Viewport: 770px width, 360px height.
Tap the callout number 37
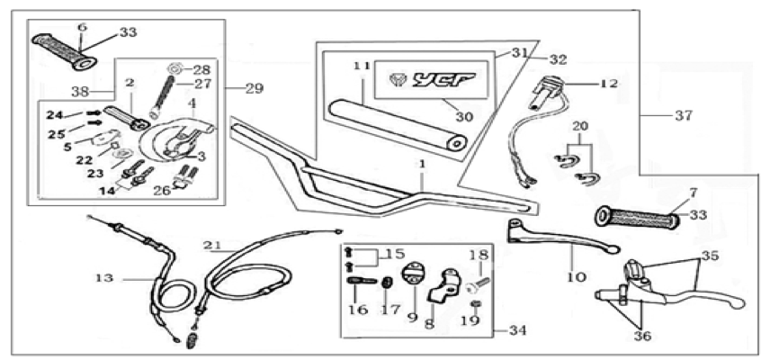click(683, 115)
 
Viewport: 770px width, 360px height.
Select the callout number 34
click(516, 331)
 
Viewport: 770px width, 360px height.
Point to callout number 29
click(254, 89)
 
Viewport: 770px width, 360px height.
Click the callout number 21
click(213, 245)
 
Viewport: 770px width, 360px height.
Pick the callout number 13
click(104, 278)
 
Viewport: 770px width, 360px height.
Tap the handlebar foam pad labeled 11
click(398, 125)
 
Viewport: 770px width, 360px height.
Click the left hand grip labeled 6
click(64, 52)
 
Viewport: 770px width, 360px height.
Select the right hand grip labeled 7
click(638, 218)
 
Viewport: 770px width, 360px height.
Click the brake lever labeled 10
click(560, 235)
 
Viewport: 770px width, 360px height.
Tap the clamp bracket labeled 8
click(445, 286)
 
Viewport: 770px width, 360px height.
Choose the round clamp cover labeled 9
click(411, 274)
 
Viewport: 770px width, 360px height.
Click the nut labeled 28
click(175, 67)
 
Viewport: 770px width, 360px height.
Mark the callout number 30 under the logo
click(464, 117)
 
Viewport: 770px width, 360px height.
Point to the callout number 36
click(642, 337)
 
